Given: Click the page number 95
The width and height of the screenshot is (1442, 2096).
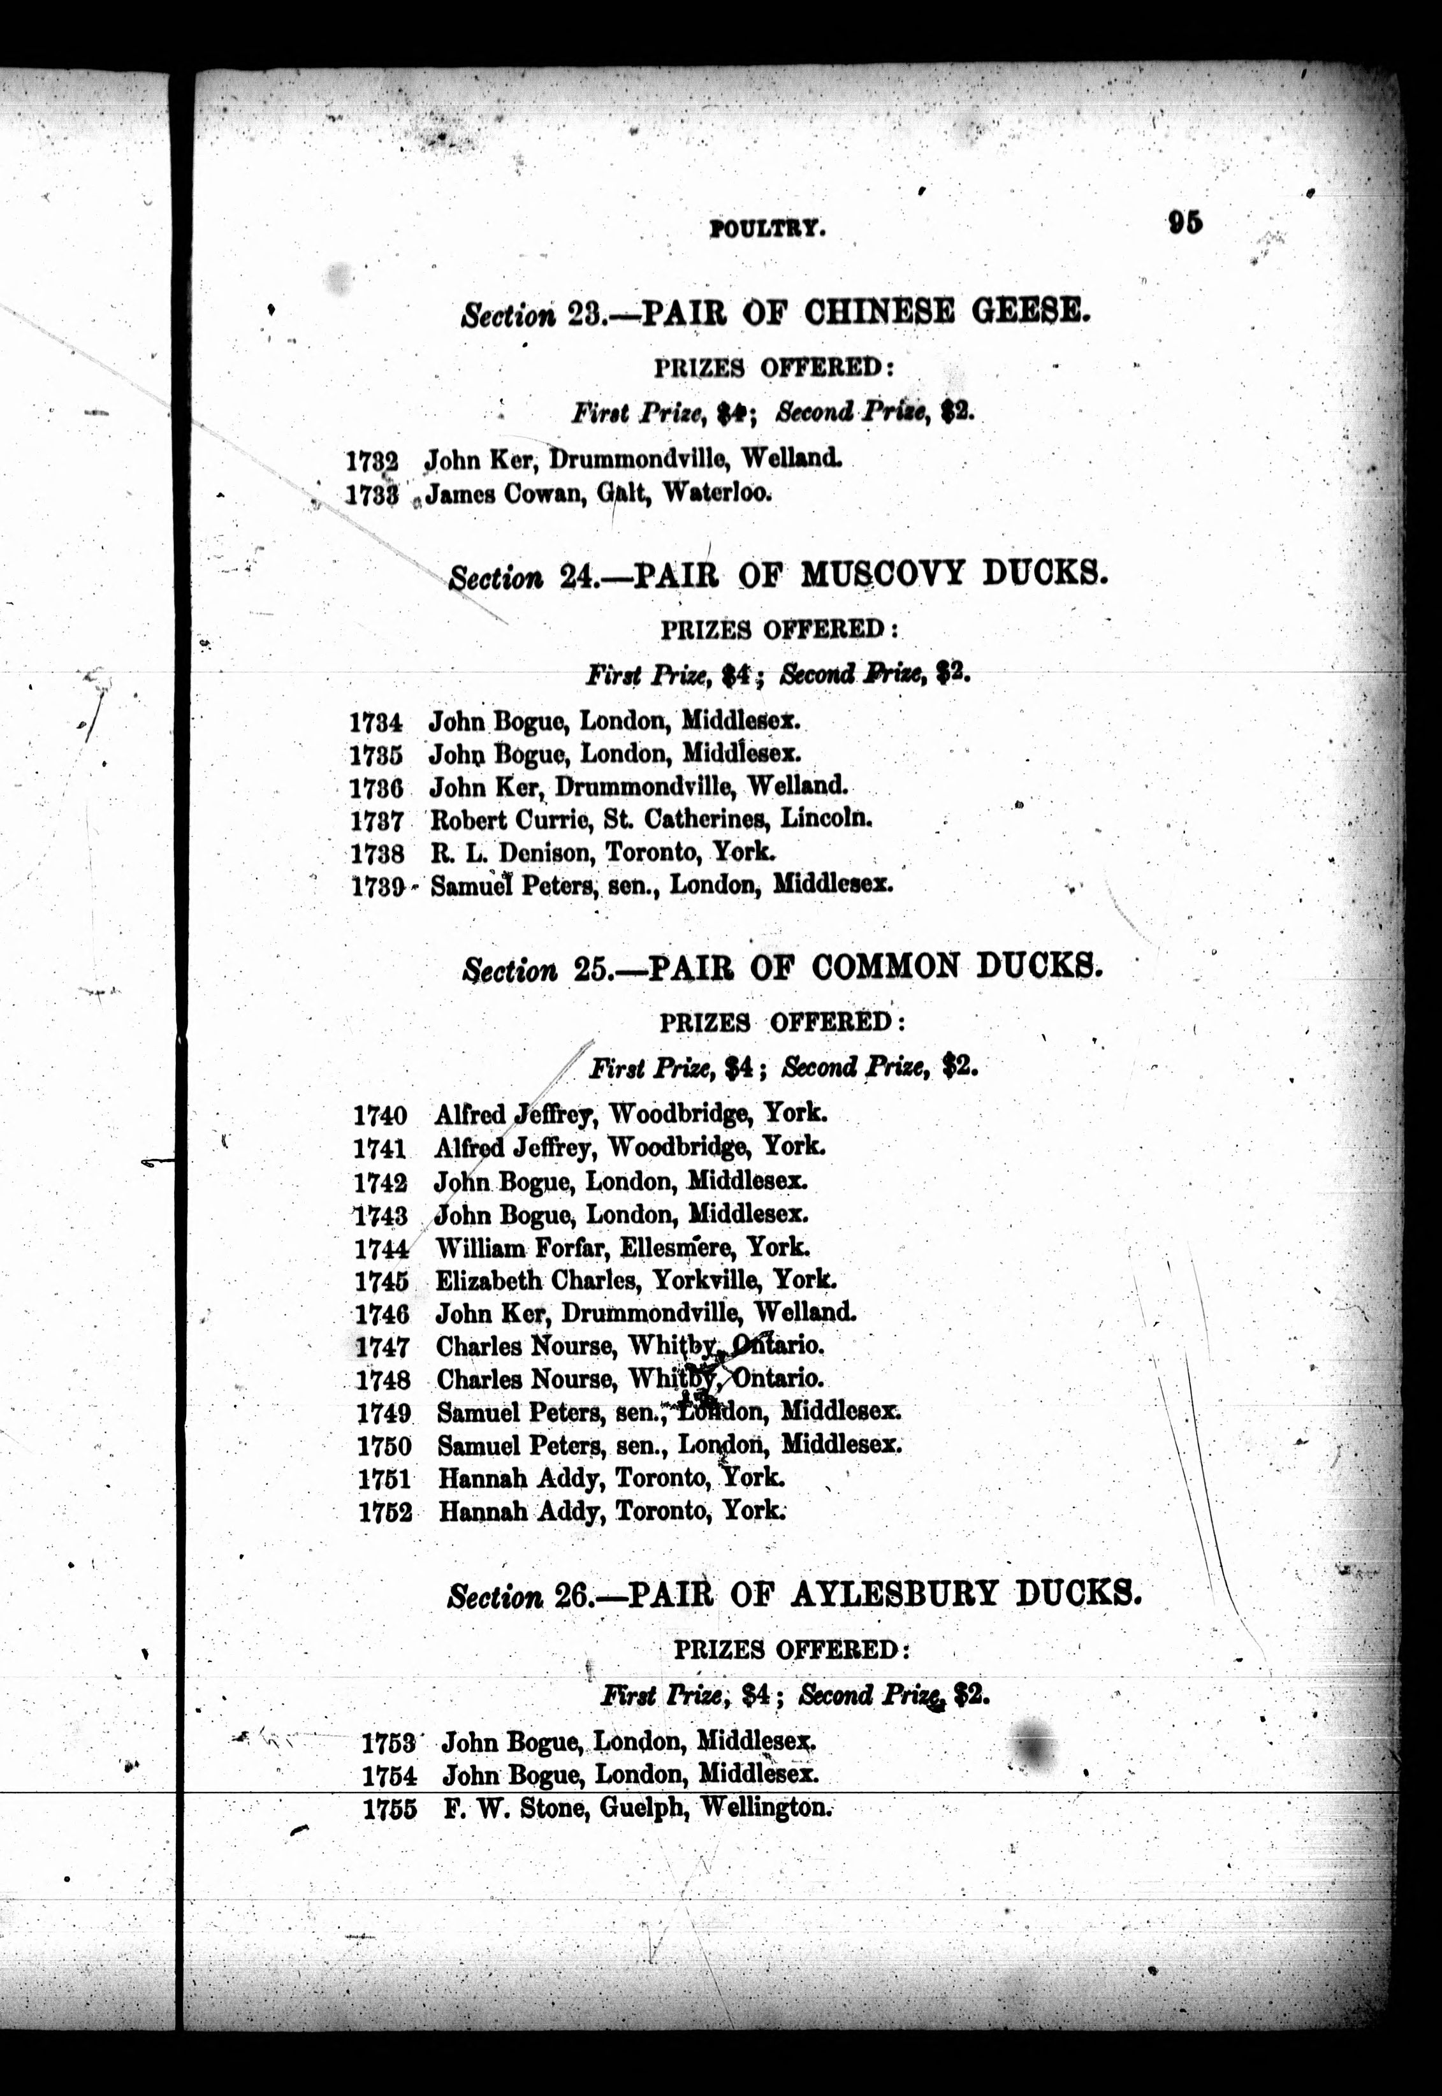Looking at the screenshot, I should click(x=1184, y=222).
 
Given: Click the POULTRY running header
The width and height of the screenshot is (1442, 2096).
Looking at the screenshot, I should click(x=767, y=229).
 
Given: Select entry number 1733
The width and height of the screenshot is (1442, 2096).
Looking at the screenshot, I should click(x=372, y=495).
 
